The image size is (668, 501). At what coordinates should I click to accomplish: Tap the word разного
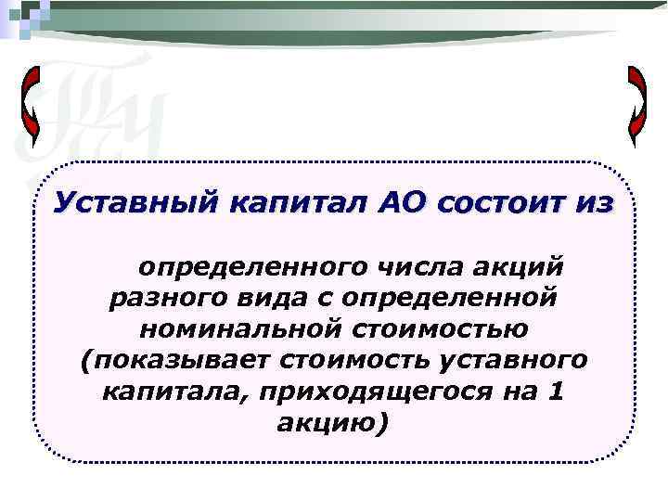(168, 298)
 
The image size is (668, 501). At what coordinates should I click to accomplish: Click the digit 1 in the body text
(554, 390)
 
